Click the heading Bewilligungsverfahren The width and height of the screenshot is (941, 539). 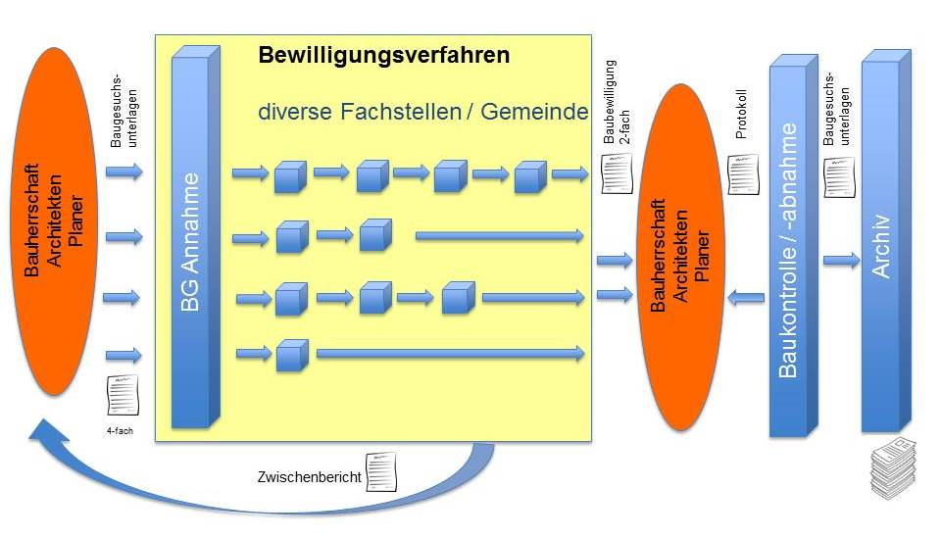click(x=383, y=55)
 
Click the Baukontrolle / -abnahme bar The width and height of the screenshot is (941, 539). click(x=791, y=250)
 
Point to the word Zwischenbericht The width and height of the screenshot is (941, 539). click(x=309, y=477)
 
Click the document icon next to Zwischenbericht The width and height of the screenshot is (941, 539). click(x=380, y=471)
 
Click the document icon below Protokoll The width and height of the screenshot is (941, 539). click(x=743, y=174)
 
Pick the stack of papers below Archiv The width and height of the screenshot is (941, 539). click(x=893, y=469)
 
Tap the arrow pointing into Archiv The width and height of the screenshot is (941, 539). click(x=841, y=260)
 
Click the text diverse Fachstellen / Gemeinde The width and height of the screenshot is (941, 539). click(x=422, y=113)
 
